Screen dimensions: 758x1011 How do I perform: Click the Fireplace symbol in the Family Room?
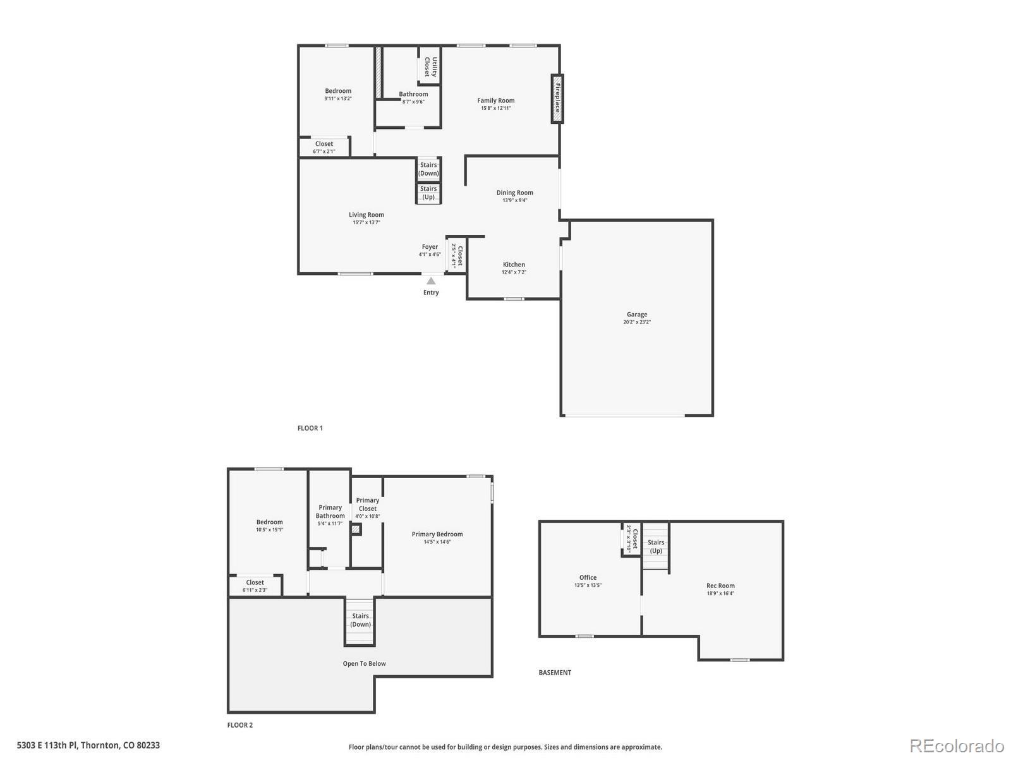557,99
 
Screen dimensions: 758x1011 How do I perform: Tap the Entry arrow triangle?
431,281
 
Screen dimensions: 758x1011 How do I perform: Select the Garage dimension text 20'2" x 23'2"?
637,322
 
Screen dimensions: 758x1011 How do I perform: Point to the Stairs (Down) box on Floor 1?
428,169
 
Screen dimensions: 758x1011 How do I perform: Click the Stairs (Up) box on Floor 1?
428,193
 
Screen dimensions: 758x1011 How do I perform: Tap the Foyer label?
430,247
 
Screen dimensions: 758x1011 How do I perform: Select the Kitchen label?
514,265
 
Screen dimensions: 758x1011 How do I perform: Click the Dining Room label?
514,193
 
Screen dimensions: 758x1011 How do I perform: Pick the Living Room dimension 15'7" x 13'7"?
366,222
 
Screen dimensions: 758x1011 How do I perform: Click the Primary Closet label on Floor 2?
367,504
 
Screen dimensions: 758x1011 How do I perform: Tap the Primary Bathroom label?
330,511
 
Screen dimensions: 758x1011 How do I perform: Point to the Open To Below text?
364,663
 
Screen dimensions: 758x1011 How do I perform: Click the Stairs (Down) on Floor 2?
360,620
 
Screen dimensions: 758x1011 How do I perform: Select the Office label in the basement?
588,577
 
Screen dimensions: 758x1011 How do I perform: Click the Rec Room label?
720,586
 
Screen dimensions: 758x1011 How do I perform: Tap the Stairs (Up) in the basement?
656,546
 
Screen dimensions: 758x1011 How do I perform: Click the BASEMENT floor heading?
555,673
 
